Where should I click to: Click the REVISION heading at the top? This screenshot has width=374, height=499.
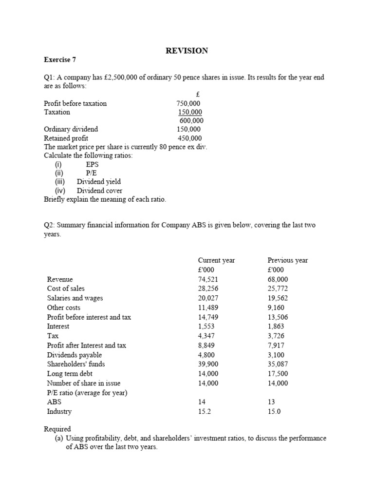[x=187, y=51]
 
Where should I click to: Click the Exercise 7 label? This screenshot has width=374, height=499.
[x=60, y=60]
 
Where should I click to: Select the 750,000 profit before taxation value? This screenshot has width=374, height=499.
[x=188, y=103]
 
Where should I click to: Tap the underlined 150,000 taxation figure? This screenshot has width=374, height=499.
[x=190, y=112]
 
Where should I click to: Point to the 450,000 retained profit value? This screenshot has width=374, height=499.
[x=189, y=138]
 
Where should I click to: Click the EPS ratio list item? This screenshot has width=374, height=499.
[x=92, y=164]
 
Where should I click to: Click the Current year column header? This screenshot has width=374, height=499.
[x=216, y=260]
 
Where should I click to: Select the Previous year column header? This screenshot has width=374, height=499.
[x=287, y=260]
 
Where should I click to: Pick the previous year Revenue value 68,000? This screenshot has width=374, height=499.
[x=278, y=279]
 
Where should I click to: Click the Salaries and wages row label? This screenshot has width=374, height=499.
[x=75, y=298]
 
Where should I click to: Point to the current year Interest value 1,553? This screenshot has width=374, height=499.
[x=206, y=326]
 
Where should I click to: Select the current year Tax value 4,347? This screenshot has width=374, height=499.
[x=206, y=336]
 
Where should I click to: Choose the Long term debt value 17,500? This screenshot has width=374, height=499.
[x=278, y=374]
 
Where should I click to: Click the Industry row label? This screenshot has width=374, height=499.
[x=59, y=411]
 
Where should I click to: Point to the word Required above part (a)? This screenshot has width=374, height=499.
[x=57, y=429]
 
